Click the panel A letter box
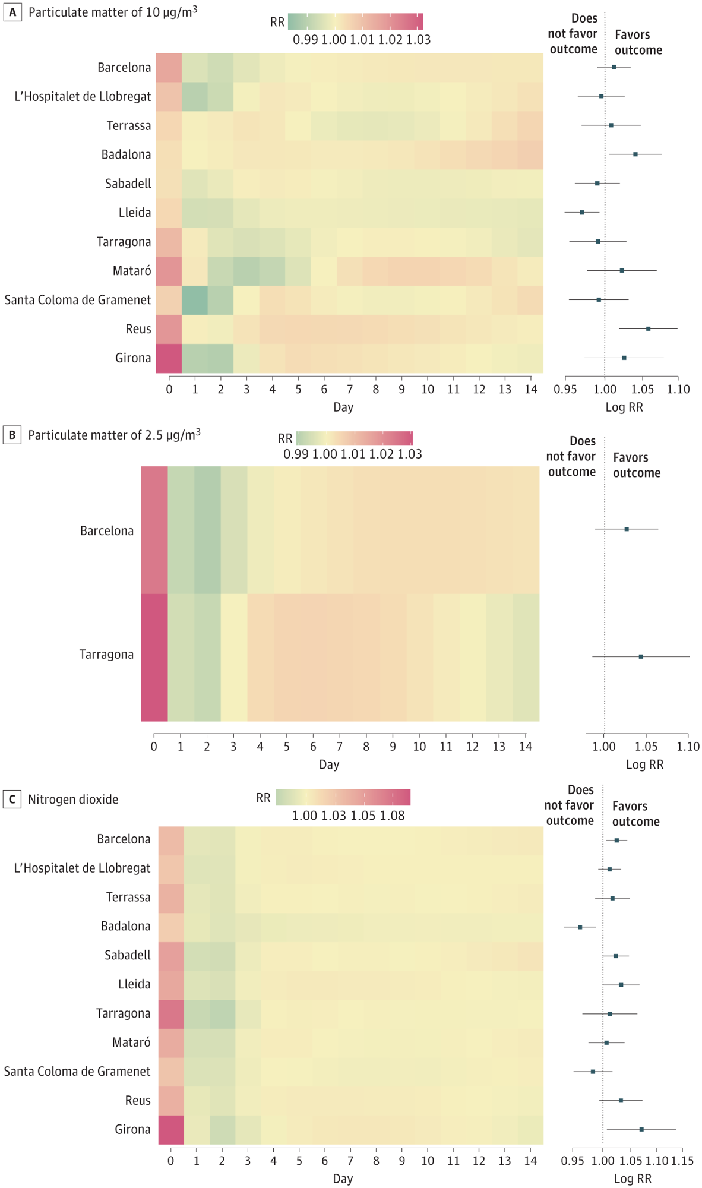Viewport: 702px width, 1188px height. point(12,12)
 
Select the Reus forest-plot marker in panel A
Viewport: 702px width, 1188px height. point(648,328)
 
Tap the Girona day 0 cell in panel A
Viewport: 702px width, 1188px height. point(169,358)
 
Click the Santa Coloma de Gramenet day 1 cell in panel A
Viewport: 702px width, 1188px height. point(195,300)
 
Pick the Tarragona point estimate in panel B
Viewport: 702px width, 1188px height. point(641,656)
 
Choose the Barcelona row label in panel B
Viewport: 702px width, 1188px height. point(107,530)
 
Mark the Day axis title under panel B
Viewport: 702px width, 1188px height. point(329,764)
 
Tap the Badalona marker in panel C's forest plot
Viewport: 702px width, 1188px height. point(580,927)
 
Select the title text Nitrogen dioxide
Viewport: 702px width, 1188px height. point(73,800)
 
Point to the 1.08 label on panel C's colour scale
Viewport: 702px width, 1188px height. point(393,816)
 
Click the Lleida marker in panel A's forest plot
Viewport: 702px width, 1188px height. point(582,212)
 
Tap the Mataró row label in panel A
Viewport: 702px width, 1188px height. point(131,271)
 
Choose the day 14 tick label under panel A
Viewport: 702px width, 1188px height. point(531,389)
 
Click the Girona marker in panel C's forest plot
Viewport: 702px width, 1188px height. point(641,1129)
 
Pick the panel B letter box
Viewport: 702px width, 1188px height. point(12,435)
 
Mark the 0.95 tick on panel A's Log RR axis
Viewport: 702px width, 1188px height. point(565,389)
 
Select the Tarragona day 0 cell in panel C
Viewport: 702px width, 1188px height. point(171,1013)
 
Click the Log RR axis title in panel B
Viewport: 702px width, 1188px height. point(644,764)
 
